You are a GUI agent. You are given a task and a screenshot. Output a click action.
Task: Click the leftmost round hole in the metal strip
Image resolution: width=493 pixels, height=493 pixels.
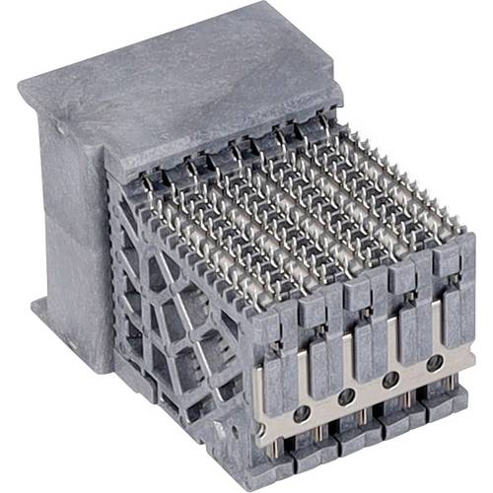[x=302, y=411]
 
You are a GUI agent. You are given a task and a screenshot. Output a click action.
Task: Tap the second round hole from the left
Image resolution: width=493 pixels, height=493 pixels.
[x=346, y=396]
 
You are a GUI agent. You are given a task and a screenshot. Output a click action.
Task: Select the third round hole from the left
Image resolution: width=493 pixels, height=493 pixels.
[x=389, y=380]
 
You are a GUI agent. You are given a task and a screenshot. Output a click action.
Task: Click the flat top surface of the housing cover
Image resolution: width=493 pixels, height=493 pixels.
[x=187, y=79]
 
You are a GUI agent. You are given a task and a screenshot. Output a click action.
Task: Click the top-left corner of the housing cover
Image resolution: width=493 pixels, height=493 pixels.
[x=25, y=89]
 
